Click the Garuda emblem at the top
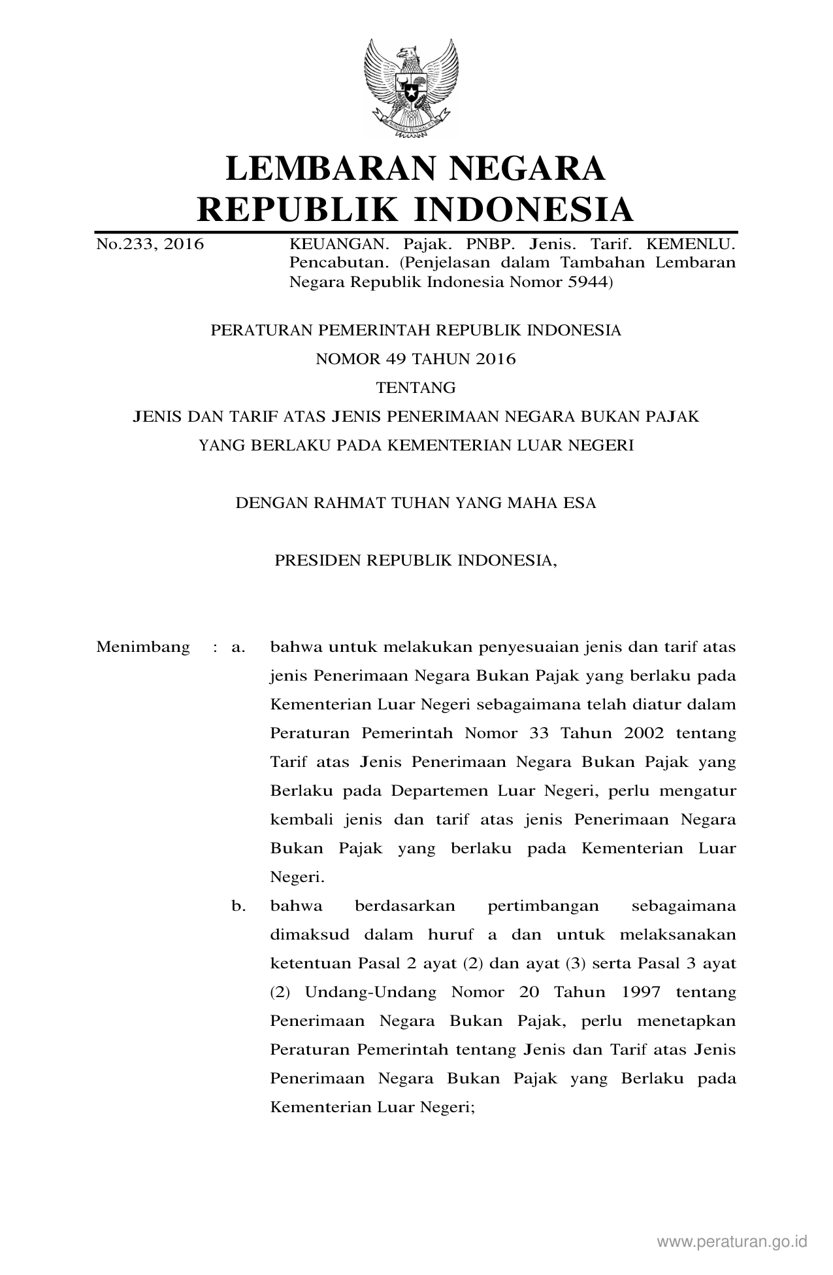click(411, 88)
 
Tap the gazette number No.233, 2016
click(150, 245)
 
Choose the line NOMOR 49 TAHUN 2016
click(416, 359)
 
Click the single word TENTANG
click(416, 388)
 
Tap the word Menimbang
click(142, 647)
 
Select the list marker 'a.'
click(238, 647)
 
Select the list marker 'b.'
click(238, 906)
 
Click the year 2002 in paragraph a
click(644, 733)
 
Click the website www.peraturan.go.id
click(732, 1242)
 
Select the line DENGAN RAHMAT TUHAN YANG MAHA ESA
click(416, 503)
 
